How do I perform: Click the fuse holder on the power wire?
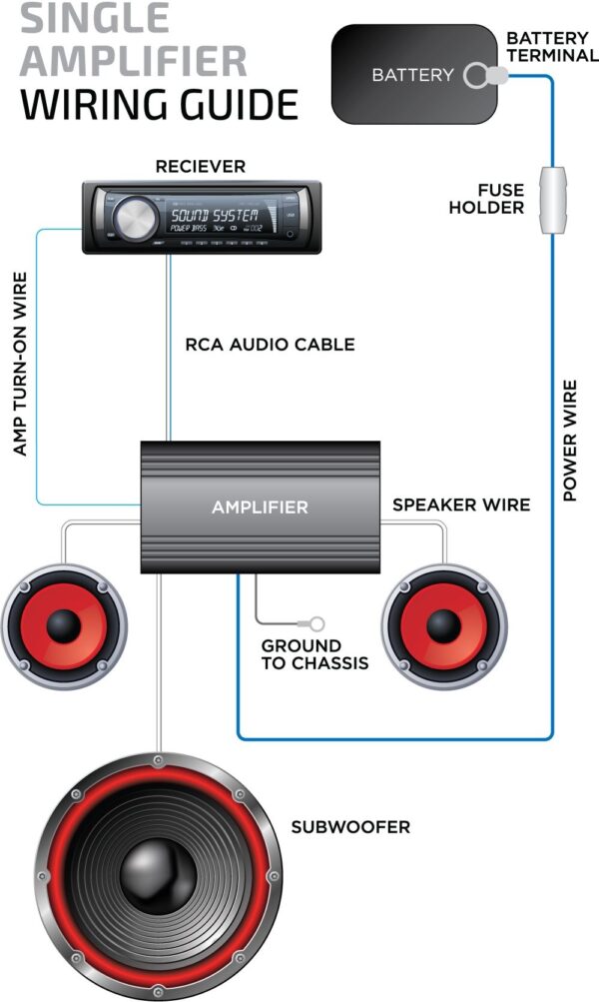click(551, 200)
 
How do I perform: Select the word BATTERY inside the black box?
click(412, 75)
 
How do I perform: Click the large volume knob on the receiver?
click(135, 217)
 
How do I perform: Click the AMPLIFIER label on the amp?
click(260, 507)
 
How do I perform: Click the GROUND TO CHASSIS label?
click(314, 654)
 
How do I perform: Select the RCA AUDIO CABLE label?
click(270, 345)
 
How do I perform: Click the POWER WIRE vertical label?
click(570, 440)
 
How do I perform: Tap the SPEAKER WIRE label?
click(461, 504)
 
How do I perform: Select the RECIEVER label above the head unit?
click(200, 166)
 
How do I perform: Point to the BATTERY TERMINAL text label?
click(552, 47)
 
